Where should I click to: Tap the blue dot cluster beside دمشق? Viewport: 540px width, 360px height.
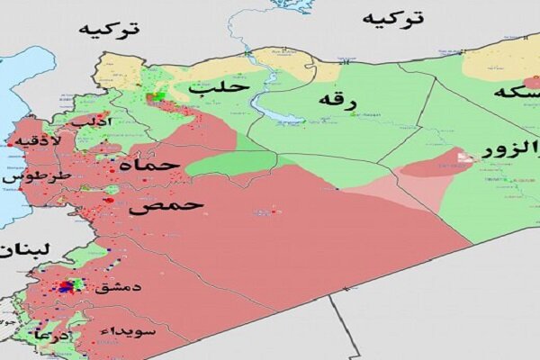pyautogui.click(x=63, y=288)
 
